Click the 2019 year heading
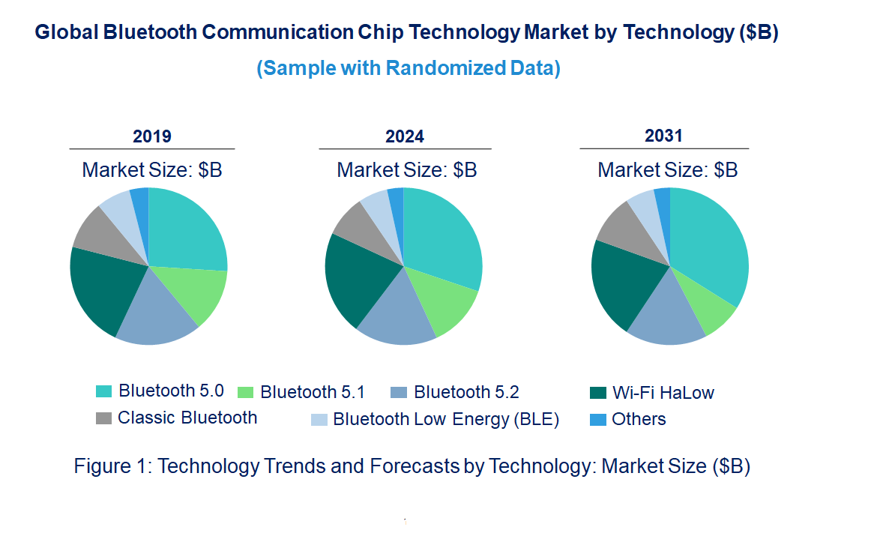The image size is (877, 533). coord(152,136)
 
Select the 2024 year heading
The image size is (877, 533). coord(405,136)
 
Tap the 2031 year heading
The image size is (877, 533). coord(664,136)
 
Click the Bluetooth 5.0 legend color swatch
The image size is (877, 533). coord(103,391)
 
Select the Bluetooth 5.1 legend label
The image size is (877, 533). coord(312,392)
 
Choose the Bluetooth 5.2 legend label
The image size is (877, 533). coord(466,392)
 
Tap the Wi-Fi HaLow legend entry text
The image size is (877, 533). coord(663,392)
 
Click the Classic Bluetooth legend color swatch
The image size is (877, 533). coord(103,418)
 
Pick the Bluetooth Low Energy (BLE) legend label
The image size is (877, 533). coord(446,419)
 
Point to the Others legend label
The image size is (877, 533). coord(639,419)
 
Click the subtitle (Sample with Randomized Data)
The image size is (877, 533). coord(409,68)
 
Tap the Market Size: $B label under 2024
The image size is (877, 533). coord(407,170)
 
